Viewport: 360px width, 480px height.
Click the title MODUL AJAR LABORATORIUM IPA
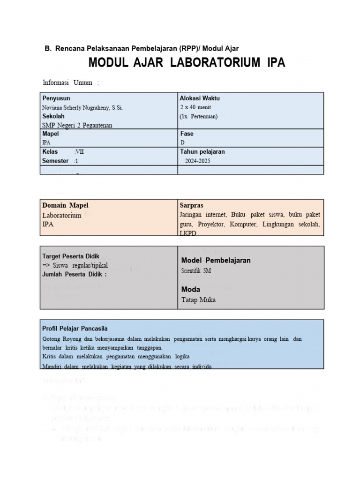click(187, 63)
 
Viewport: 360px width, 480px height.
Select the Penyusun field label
click(56, 98)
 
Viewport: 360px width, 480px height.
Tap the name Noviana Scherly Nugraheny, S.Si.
click(82, 107)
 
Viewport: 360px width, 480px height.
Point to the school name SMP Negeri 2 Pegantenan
click(77, 125)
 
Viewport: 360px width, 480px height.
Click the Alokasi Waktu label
click(200, 98)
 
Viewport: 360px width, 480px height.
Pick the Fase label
click(187, 134)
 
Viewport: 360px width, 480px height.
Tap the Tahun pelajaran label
click(202, 151)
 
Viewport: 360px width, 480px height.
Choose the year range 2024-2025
click(197, 161)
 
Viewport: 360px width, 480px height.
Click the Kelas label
click(50, 151)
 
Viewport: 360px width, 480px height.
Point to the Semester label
click(55, 161)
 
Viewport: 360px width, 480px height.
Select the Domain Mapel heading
click(65, 205)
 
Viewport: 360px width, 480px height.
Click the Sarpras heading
click(191, 205)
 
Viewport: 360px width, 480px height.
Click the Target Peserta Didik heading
click(71, 256)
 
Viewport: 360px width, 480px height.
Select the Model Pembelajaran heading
click(216, 260)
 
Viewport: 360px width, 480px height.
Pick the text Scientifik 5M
click(196, 271)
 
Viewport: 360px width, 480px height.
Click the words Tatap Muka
click(198, 300)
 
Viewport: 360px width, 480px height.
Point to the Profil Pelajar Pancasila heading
click(75, 329)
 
